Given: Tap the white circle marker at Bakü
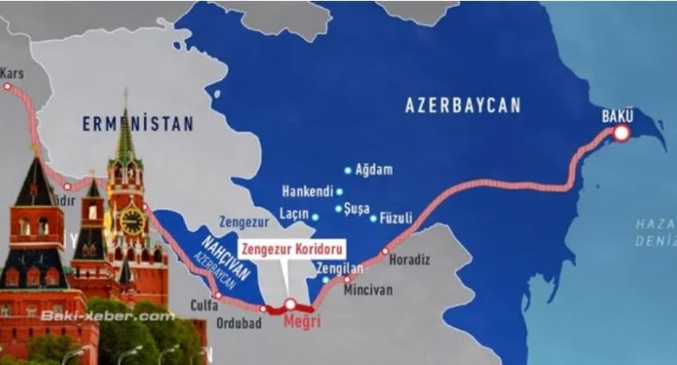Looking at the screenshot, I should coord(622,134).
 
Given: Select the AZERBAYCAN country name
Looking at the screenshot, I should coord(462,106).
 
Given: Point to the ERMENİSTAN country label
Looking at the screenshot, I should coord(138,125).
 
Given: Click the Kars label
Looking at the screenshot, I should coord(12,75).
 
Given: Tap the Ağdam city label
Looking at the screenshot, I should coord(374,170).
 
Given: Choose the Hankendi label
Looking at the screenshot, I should coord(307,191).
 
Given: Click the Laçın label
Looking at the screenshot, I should coord(295,214).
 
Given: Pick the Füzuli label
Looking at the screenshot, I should coord(396,218).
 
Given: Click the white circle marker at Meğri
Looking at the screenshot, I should coord(290,303).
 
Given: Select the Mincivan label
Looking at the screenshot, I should coord(368,289).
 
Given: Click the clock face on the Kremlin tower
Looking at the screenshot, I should coord(132,220).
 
